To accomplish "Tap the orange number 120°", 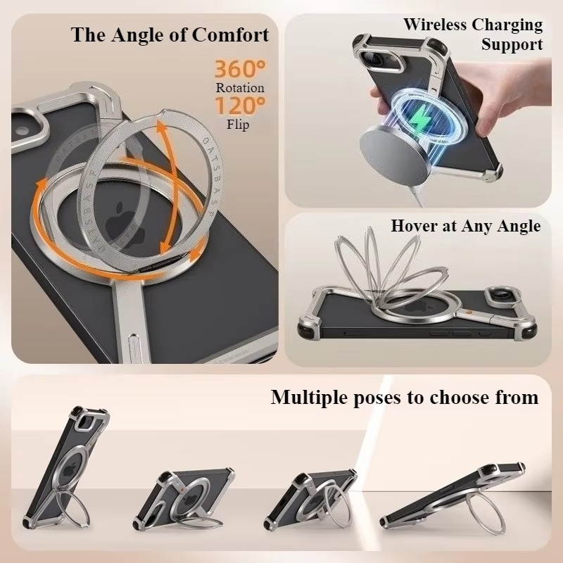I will (x=240, y=107).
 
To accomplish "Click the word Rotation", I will (x=240, y=88).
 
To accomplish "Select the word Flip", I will (x=238, y=125).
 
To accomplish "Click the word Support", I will (x=512, y=45).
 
